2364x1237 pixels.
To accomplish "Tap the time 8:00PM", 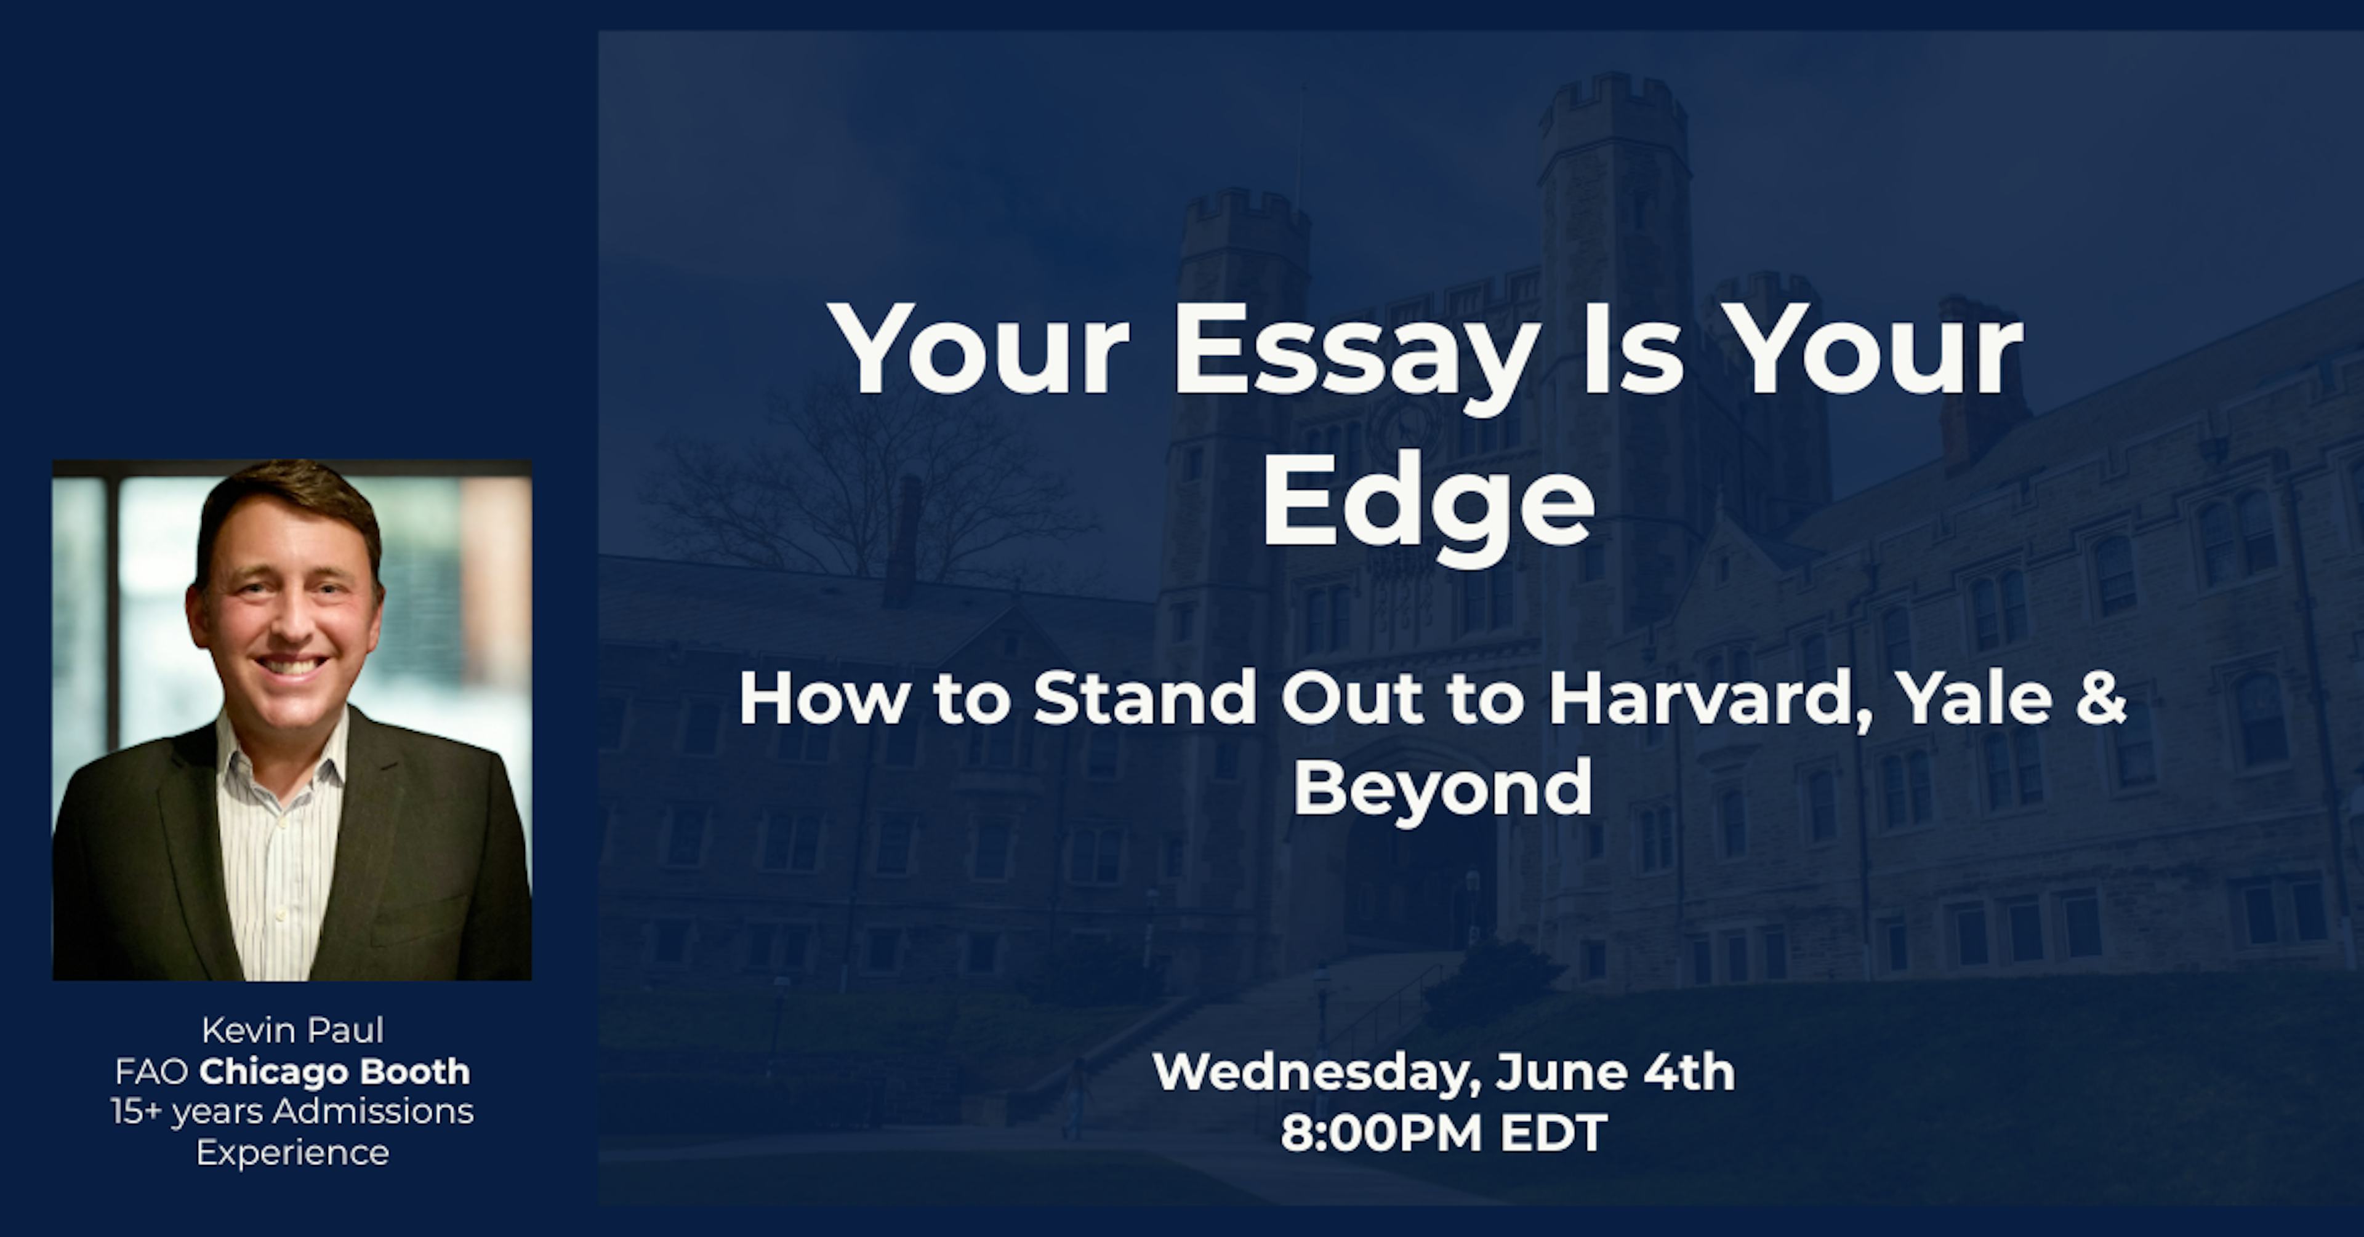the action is click(1381, 1134).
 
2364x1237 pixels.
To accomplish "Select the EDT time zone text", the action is click(1554, 1134).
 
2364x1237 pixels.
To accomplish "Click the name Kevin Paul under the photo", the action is click(293, 1030).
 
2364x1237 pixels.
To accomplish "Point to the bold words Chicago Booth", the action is click(334, 1071).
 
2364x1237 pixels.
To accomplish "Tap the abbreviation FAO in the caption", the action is click(151, 1071).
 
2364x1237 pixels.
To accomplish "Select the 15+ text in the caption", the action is click(136, 1111).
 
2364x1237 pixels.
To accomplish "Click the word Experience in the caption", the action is click(293, 1153).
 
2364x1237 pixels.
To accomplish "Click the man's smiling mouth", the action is click(291, 667).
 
